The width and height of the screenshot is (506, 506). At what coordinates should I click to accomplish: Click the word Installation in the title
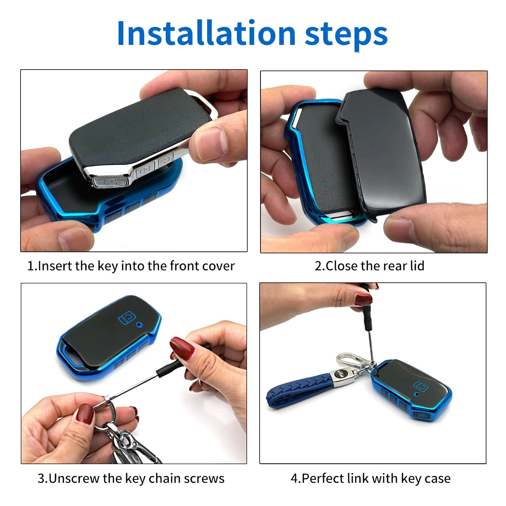[x=206, y=34]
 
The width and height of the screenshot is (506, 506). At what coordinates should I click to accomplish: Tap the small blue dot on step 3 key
[x=139, y=324]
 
